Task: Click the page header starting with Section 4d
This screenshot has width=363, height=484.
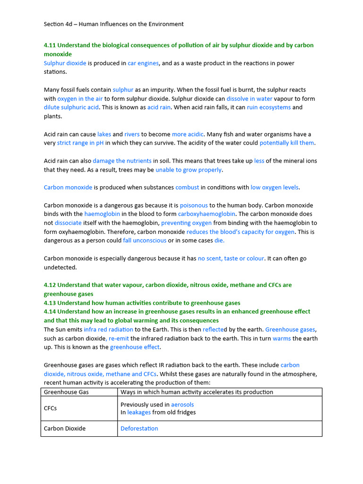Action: pyautogui.click(x=113, y=24)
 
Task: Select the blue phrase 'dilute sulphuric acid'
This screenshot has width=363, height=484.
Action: pyautogui.click(x=71, y=107)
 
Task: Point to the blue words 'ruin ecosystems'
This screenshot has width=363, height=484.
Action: pyautogui.click(x=268, y=107)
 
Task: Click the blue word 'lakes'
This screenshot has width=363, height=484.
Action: pyautogui.click(x=104, y=134)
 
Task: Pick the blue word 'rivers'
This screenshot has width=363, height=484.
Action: pyautogui.click(x=132, y=134)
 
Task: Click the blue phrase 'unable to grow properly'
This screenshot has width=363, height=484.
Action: pyautogui.click(x=189, y=170)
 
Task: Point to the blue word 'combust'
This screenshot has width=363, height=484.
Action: pyautogui.click(x=187, y=188)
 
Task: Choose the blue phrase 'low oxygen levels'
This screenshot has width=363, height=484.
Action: pyautogui.click(x=275, y=188)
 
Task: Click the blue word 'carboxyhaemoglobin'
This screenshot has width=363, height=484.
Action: pyautogui.click(x=207, y=214)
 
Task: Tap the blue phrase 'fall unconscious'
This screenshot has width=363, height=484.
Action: pyautogui.click(x=145, y=241)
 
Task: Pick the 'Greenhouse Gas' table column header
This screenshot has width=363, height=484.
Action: pyautogui.click(x=66, y=392)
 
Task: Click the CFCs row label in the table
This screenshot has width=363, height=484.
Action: pyautogui.click(x=51, y=408)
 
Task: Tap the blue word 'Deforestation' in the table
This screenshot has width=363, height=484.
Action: pyautogui.click(x=139, y=429)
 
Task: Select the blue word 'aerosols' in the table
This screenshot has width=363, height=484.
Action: pyautogui.click(x=182, y=405)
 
